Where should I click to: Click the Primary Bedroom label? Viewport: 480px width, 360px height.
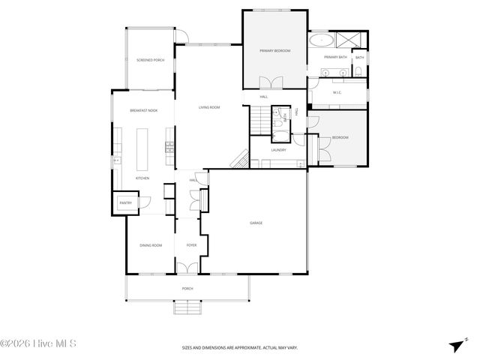(x=274, y=50)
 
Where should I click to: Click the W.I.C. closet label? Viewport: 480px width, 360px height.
(x=337, y=92)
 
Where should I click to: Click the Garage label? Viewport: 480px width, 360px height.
(x=256, y=223)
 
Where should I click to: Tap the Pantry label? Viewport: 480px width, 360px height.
(x=125, y=202)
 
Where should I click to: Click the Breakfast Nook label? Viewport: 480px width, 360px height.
(x=142, y=110)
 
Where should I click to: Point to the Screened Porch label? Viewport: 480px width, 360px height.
(x=150, y=60)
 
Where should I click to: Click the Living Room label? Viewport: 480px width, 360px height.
(x=209, y=107)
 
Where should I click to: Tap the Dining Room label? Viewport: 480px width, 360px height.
(x=151, y=245)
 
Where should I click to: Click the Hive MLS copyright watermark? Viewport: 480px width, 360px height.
(x=43, y=344)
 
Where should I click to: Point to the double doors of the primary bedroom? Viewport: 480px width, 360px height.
(x=268, y=83)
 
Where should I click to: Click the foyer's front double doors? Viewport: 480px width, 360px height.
(x=187, y=268)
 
